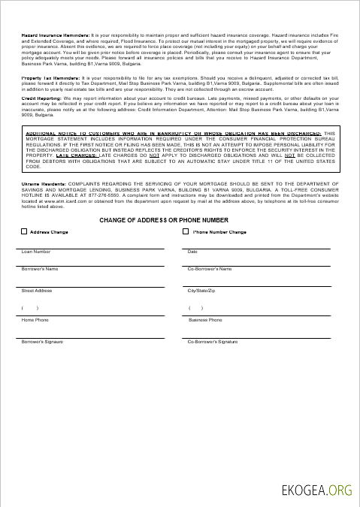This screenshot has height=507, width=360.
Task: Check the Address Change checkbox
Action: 25,232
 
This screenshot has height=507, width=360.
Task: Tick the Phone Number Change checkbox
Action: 186,232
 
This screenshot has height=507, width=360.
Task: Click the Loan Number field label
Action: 36,252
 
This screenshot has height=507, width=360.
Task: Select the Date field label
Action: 192,252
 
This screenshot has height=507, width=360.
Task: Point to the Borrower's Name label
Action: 40,269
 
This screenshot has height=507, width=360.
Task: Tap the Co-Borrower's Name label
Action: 210,269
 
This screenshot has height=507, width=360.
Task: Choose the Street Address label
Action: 37,290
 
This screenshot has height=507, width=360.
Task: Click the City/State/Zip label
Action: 201,290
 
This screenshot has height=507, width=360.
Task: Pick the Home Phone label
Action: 35,320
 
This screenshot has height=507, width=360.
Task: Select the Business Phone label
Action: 205,320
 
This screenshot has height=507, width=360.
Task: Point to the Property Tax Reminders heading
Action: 50,78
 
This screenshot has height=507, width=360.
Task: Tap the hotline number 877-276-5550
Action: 101,196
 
